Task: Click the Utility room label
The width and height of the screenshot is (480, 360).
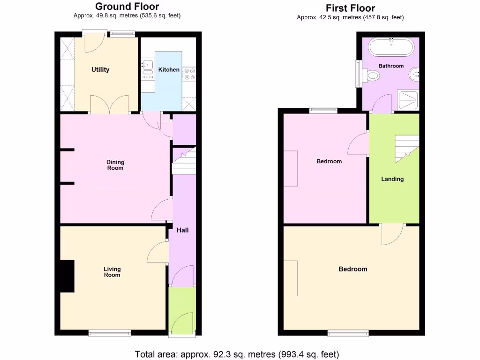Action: (100, 70)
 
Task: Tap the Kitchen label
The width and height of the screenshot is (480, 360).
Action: (169, 70)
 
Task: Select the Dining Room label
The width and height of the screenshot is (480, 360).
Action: (115, 165)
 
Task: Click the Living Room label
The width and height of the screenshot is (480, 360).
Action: (112, 272)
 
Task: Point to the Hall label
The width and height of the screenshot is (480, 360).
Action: (182, 230)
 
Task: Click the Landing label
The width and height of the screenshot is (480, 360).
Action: (392, 179)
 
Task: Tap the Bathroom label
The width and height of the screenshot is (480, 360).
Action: (391, 66)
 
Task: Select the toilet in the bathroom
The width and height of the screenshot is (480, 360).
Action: (373, 75)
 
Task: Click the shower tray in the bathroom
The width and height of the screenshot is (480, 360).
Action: (407, 100)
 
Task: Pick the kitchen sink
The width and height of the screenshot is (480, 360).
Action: (147, 66)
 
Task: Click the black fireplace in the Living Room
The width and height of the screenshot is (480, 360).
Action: (67, 276)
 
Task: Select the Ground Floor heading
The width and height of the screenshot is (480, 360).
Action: (127, 7)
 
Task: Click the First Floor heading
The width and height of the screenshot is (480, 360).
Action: (350, 8)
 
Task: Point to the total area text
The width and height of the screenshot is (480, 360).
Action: (237, 354)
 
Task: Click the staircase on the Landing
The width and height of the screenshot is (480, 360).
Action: (406, 148)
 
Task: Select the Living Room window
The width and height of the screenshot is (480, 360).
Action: (110, 333)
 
